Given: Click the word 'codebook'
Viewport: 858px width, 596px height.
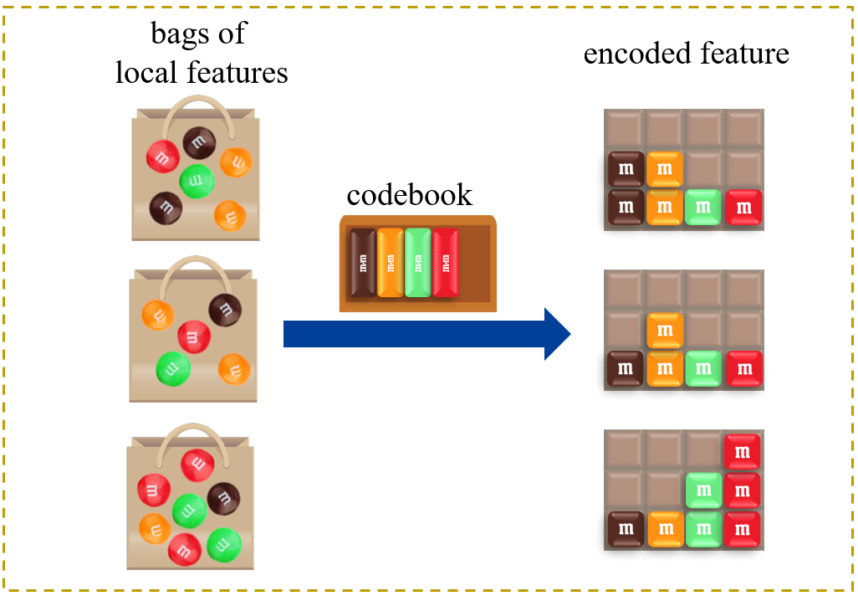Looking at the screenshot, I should point(410,194).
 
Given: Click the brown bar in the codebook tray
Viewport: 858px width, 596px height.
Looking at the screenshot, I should point(362,262).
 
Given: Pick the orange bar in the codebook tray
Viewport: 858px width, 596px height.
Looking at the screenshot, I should point(390,262).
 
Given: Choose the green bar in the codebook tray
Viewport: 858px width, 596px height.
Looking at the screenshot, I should point(417,262).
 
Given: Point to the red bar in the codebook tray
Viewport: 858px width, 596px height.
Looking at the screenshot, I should point(445,262).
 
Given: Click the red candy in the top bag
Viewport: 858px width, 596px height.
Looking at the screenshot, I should point(162,156).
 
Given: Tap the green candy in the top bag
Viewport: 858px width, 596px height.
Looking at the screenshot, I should point(197,180).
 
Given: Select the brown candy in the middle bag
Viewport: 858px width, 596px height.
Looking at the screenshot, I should point(225,310).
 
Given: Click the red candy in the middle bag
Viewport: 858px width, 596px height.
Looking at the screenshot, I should point(193,337).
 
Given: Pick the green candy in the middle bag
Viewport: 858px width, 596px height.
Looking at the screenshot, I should point(173,367).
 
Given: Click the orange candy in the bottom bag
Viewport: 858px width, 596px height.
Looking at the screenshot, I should point(155,528).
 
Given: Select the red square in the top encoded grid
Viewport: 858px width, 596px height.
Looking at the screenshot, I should point(744,207).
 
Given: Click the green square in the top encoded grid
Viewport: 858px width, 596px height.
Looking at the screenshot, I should point(703,207).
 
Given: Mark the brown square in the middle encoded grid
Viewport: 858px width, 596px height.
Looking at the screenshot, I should point(625,368).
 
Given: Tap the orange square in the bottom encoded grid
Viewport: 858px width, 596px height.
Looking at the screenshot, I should point(665,529).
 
